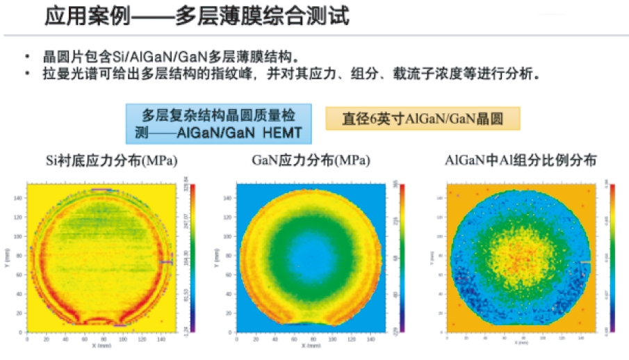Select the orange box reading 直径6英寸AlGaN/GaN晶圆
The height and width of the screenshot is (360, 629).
click(423, 118)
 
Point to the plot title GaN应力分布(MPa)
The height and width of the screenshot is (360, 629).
click(310, 161)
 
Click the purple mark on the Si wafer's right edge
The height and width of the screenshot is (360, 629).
click(167, 261)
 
